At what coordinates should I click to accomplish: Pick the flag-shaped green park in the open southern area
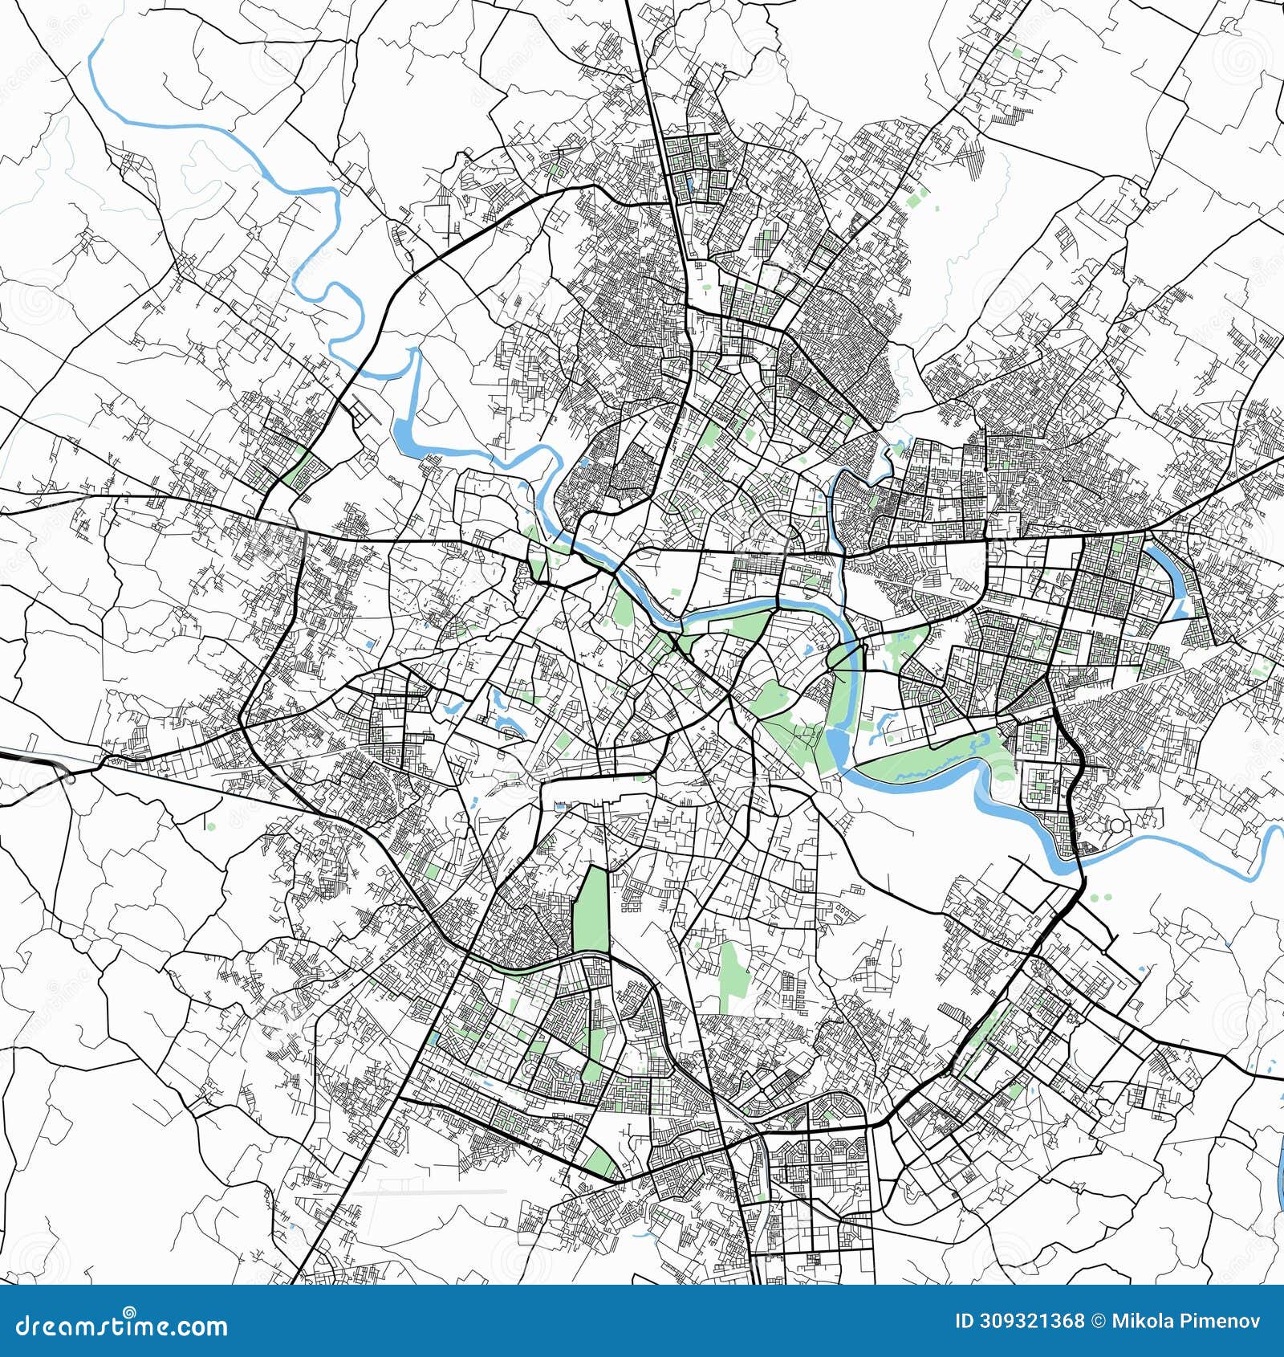733,976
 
